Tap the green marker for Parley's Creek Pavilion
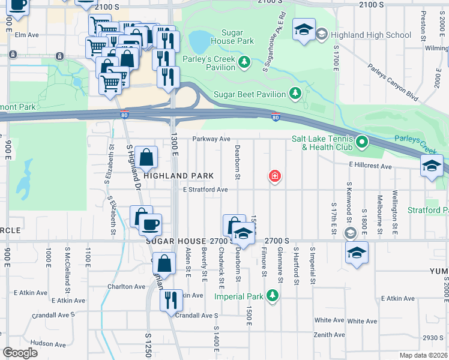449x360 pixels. (244, 62)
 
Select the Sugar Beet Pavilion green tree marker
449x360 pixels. (295, 94)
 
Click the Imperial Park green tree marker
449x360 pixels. (273, 296)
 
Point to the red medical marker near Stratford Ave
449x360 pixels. (275, 176)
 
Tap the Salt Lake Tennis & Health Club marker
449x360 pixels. (361, 142)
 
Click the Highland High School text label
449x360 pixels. (371, 35)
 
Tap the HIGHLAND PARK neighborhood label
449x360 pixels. (178, 176)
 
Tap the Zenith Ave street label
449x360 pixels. (330, 335)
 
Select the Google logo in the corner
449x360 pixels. (20, 353)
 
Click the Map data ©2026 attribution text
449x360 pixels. (423, 355)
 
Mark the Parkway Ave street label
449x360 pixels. (211, 139)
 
